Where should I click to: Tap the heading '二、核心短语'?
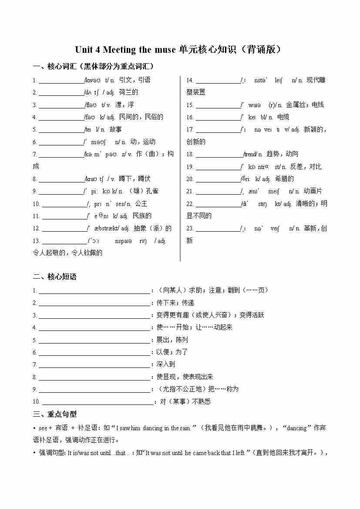pyautogui.click(x=55, y=277)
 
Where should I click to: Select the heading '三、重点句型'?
pyautogui.click(x=55, y=414)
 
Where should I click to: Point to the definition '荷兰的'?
pyautogui.click(x=128, y=92)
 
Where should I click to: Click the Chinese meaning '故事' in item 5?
pyautogui.click(x=116, y=129)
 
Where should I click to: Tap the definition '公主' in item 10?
pyautogui.click(x=141, y=203)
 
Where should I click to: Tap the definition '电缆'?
pyautogui.click(x=283, y=117)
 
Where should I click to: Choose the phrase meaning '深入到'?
pyautogui.click(x=165, y=364)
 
